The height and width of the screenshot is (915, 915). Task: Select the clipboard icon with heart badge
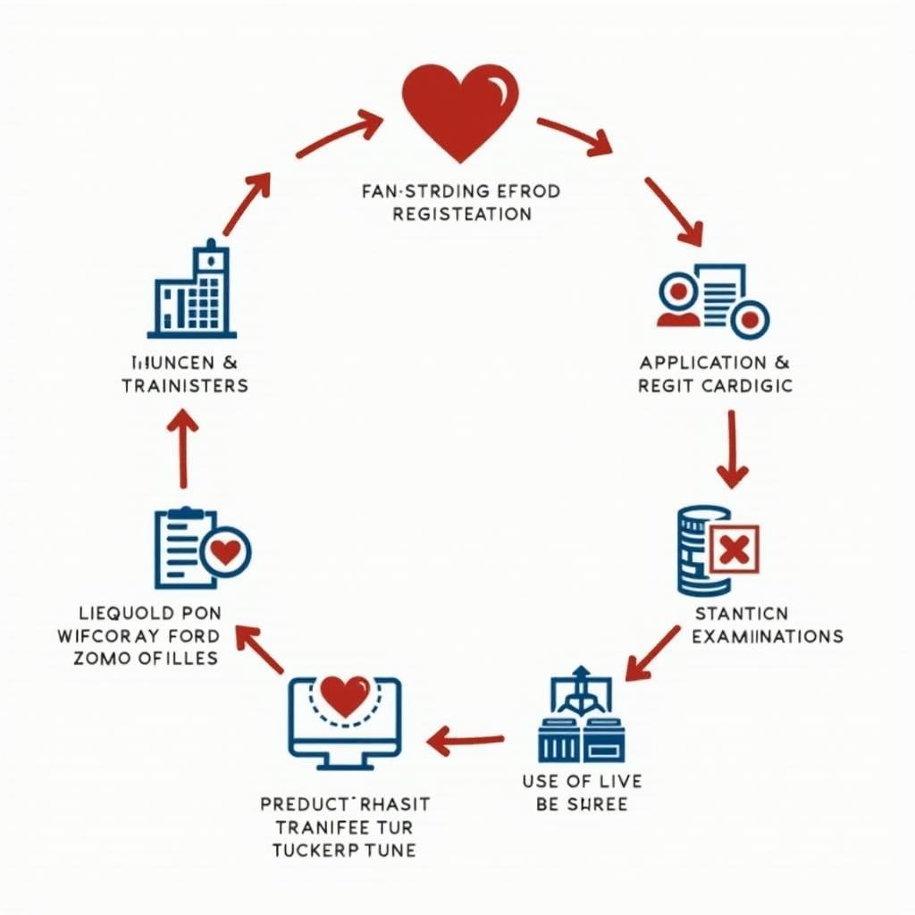click(200, 549)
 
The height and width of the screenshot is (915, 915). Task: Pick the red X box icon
click(734, 547)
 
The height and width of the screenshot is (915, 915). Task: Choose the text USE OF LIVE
click(582, 782)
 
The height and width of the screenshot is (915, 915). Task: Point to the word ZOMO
click(100, 659)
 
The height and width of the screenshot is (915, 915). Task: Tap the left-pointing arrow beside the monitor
click(465, 740)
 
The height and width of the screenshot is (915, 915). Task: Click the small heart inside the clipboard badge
click(227, 552)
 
